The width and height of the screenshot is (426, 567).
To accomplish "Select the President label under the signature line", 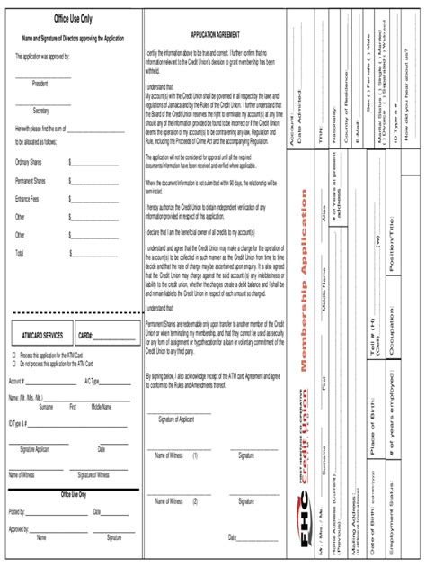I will click(40, 83).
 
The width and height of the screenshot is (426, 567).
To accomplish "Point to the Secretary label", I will click(40, 110).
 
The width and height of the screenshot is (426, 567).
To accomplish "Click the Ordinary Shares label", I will click(29, 162).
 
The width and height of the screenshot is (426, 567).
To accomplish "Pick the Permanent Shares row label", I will click(31, 181).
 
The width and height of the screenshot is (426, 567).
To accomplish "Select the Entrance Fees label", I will click(27, 199).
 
